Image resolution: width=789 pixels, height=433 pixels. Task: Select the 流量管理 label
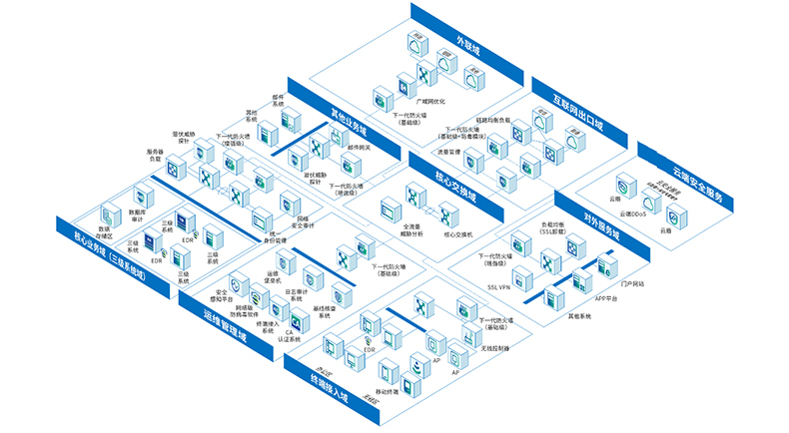tap(448, 152)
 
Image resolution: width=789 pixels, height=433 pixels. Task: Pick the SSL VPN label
tap(498, 286)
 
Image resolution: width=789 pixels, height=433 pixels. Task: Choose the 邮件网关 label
tap(359, 147)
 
